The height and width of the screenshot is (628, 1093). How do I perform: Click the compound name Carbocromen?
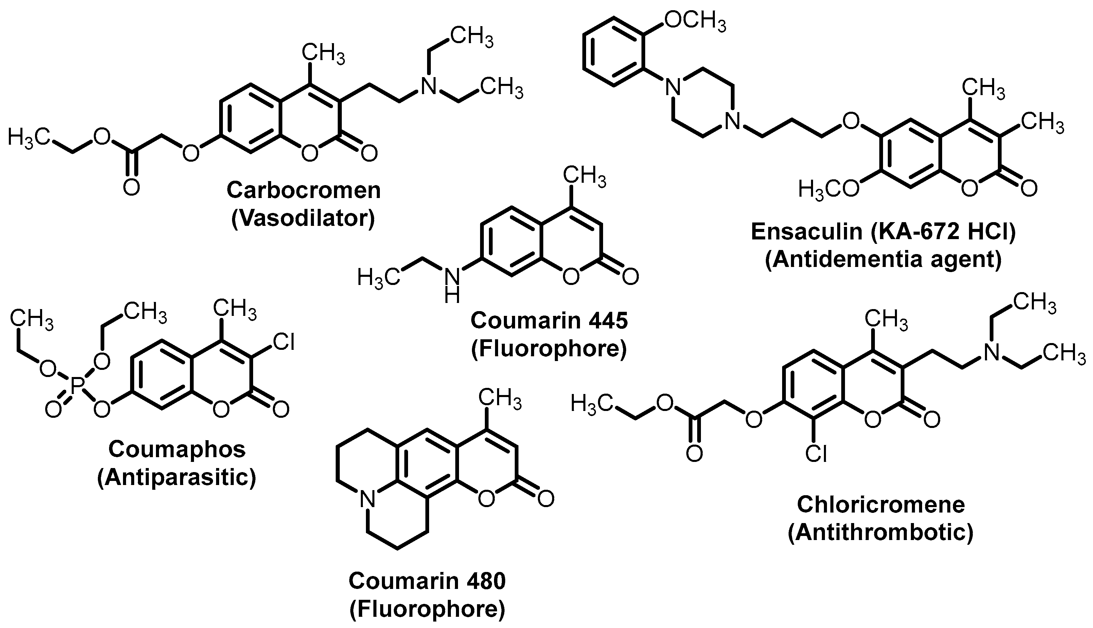point(304,190)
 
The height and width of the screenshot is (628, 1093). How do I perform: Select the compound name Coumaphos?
point(177,449)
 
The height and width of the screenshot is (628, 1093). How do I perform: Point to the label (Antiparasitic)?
point(177,478)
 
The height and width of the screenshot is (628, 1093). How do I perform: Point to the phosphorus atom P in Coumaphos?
point(76,385)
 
